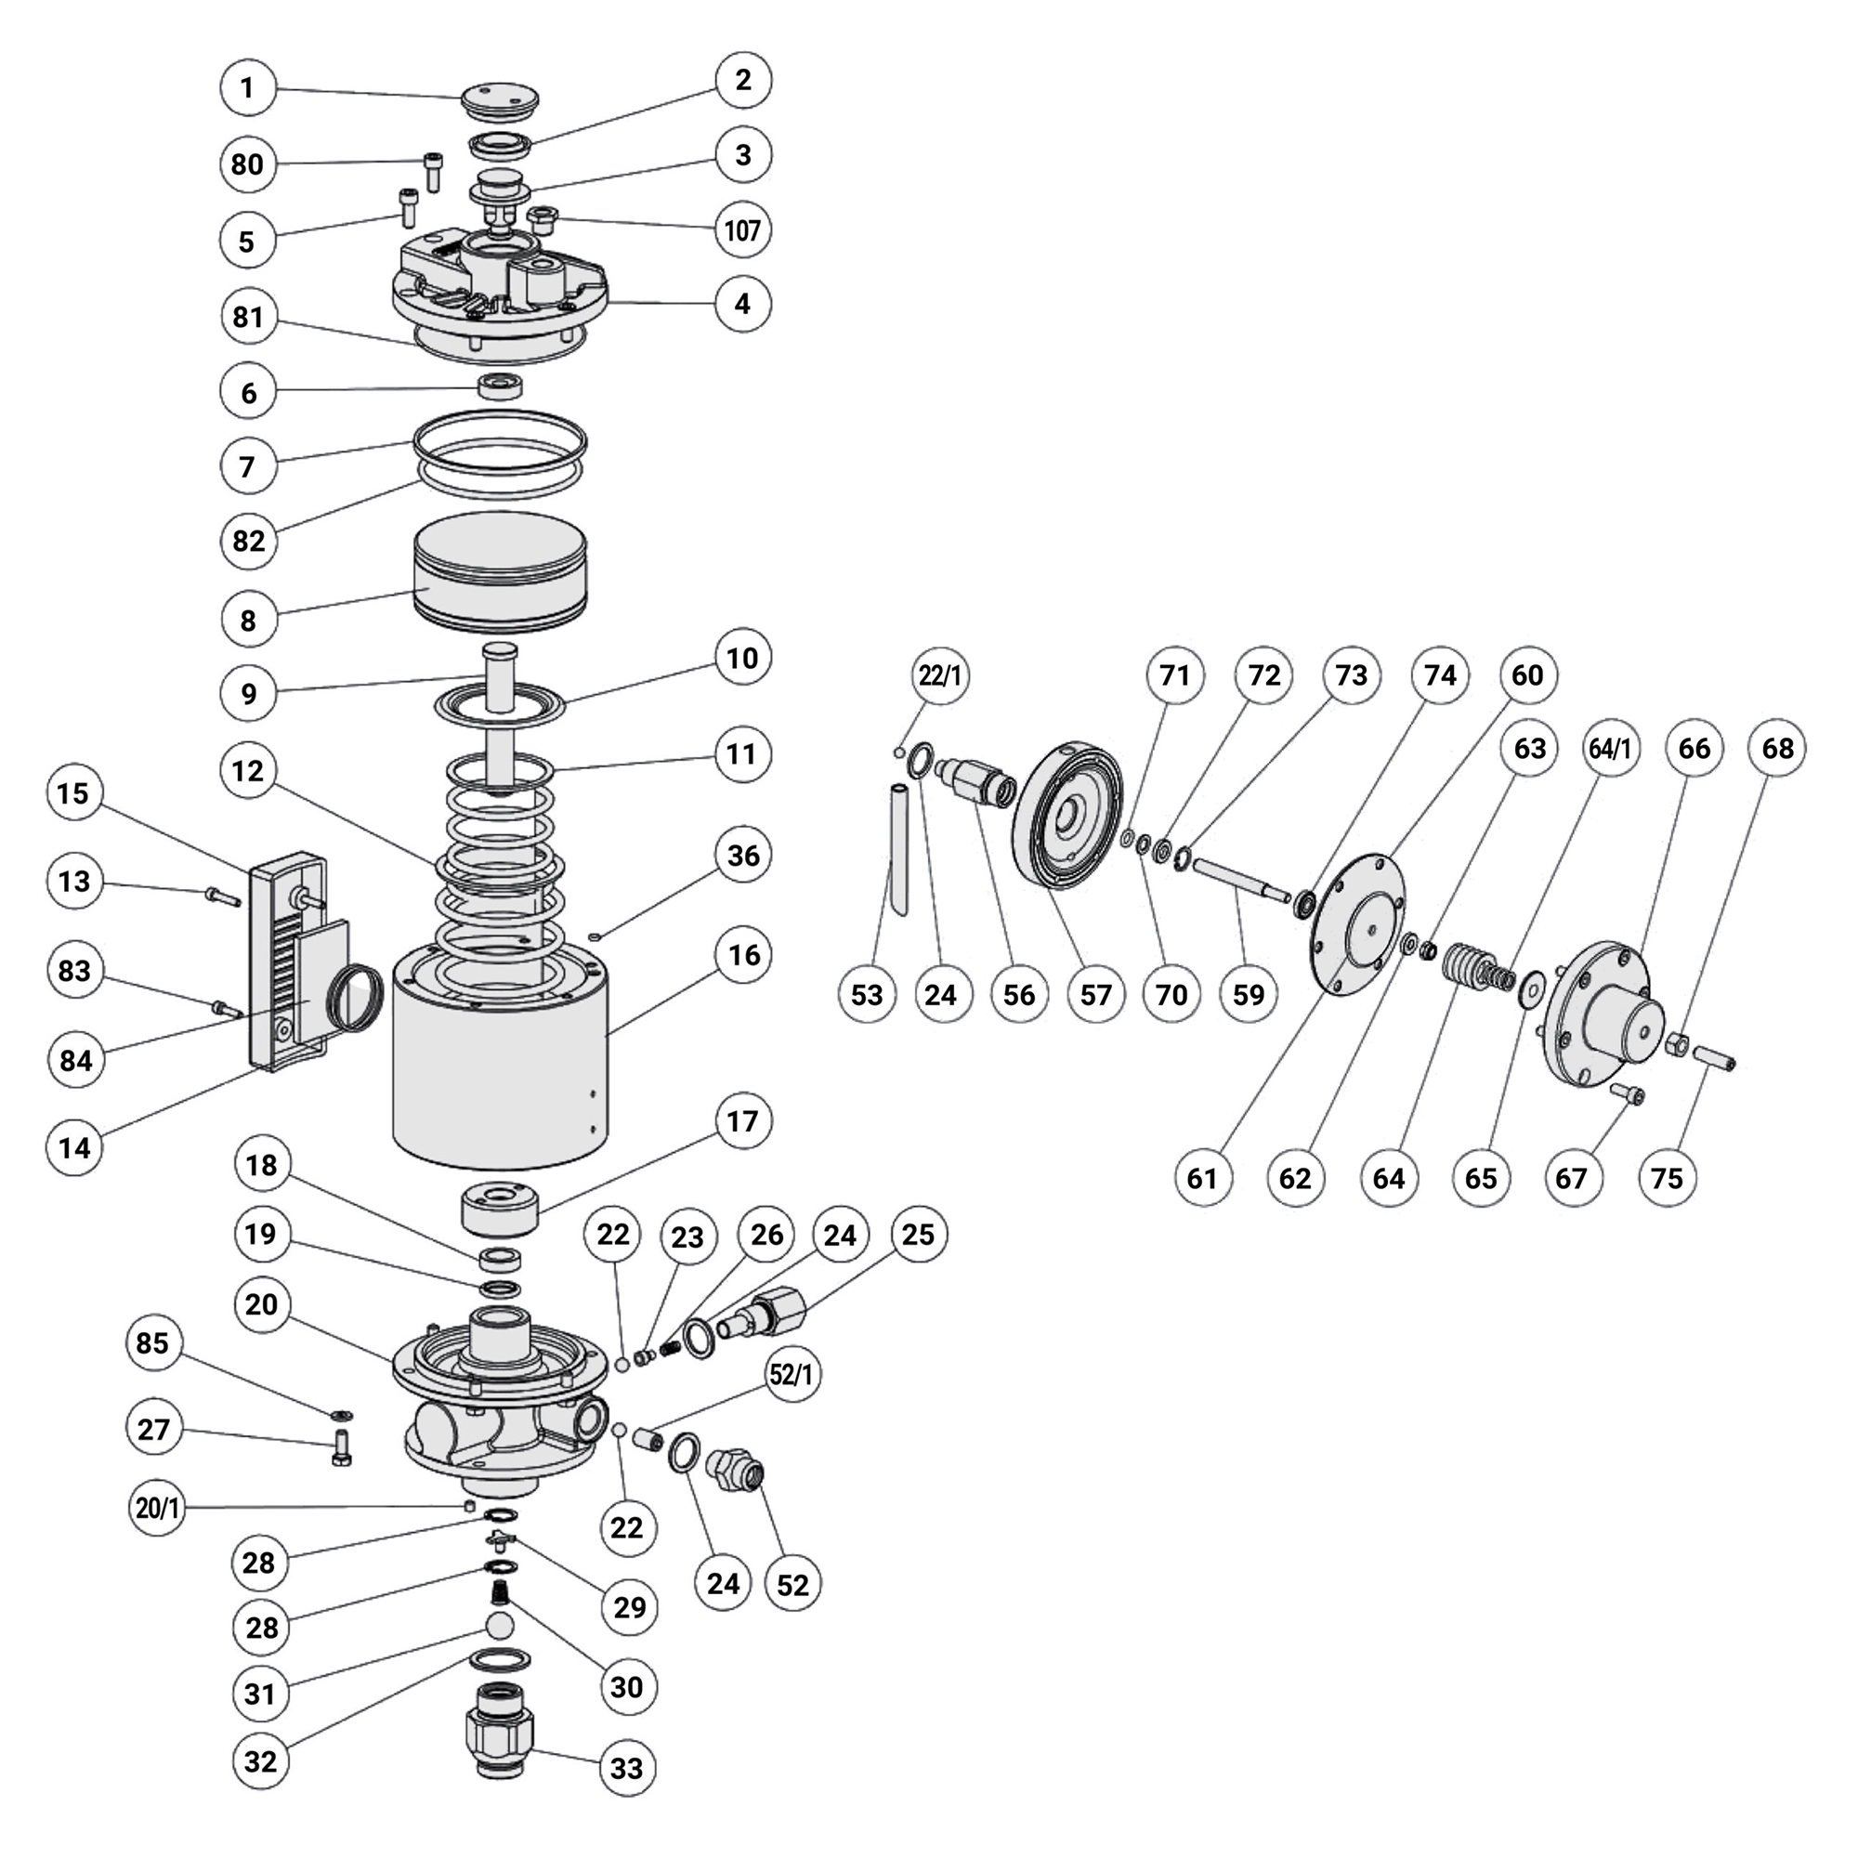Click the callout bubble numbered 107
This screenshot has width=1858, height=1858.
coord(742,229)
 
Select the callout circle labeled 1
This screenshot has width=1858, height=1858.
coord(247,87)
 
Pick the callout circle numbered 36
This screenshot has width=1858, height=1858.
coord(742,855)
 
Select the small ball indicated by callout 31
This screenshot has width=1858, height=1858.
coord(499,1625)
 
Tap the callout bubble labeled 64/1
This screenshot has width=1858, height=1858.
coord(1610,748)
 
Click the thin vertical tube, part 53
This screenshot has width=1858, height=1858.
coord(897,850)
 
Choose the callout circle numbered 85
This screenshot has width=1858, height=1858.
coord(153,1342)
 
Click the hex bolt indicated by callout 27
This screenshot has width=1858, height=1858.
coord(341,1448)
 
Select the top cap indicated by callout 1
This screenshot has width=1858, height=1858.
coord(499,99)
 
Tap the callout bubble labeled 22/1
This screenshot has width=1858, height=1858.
coord(939,675)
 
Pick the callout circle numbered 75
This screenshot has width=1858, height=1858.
coord(1666,1177)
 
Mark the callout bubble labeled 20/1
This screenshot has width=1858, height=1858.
coord(158,1508)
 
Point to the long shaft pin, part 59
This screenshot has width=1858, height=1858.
coord(1240,879)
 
